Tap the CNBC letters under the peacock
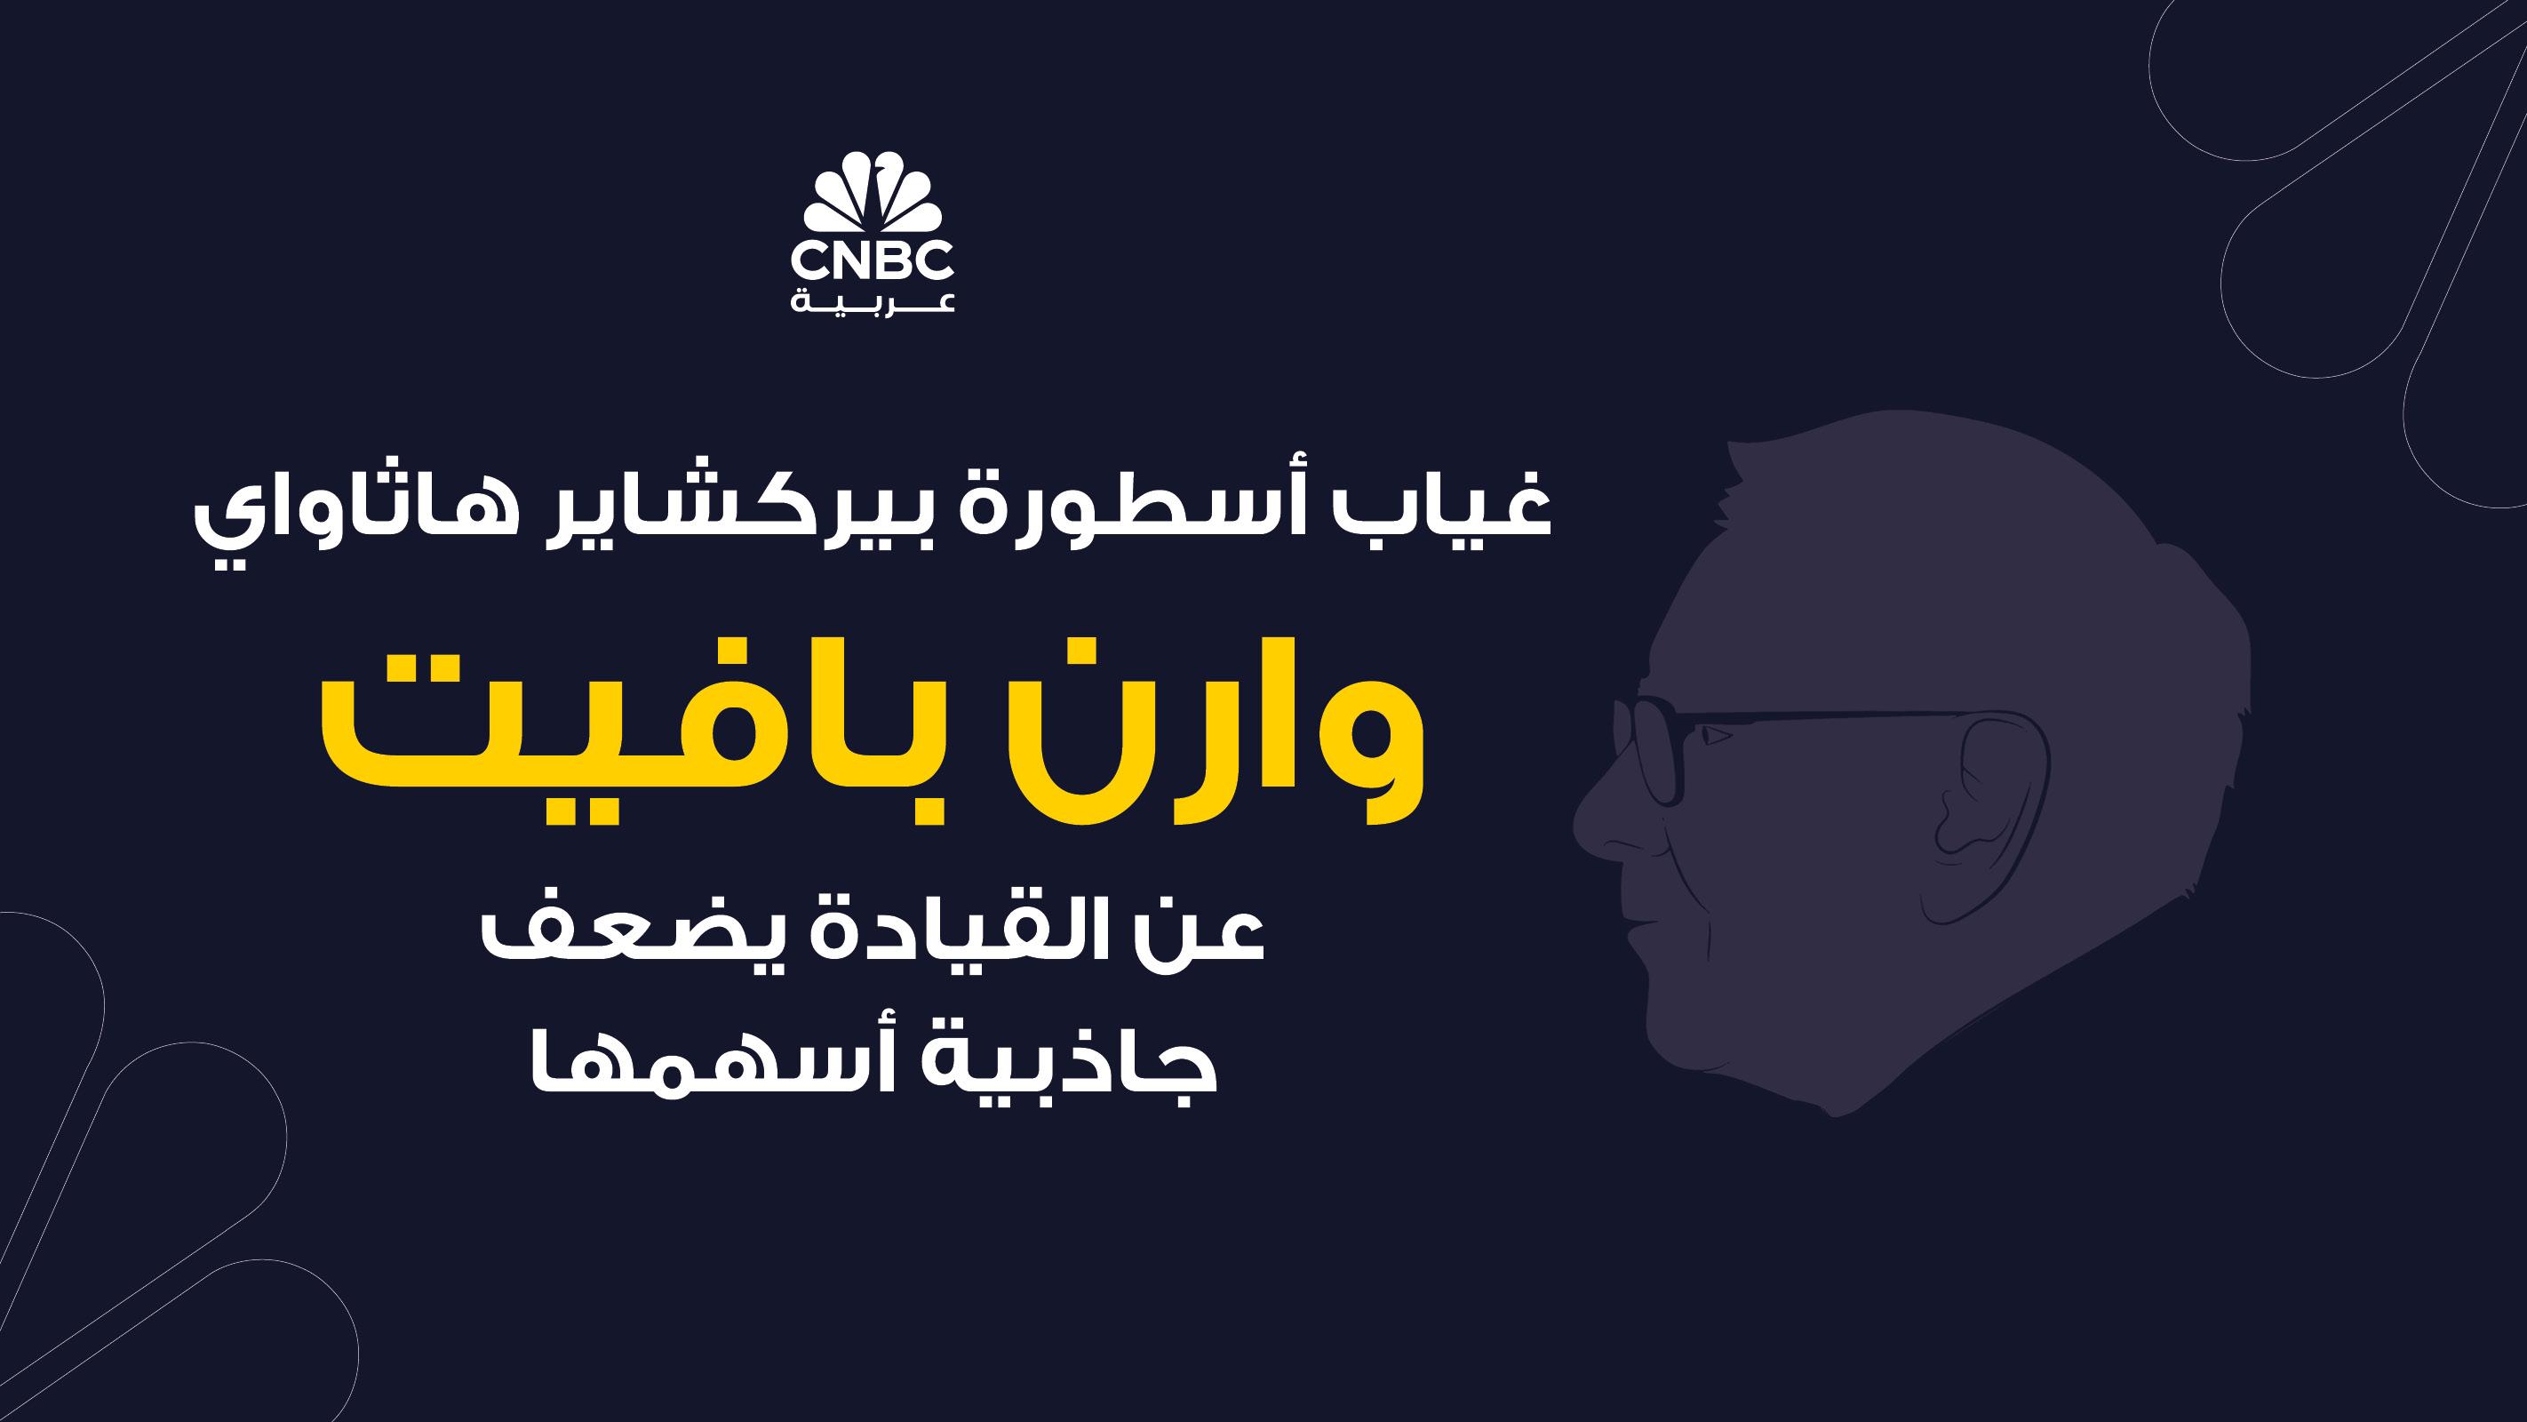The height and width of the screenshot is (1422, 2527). click(x=872, y=262)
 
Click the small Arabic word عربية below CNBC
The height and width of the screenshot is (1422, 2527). click(x=872, y=300)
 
